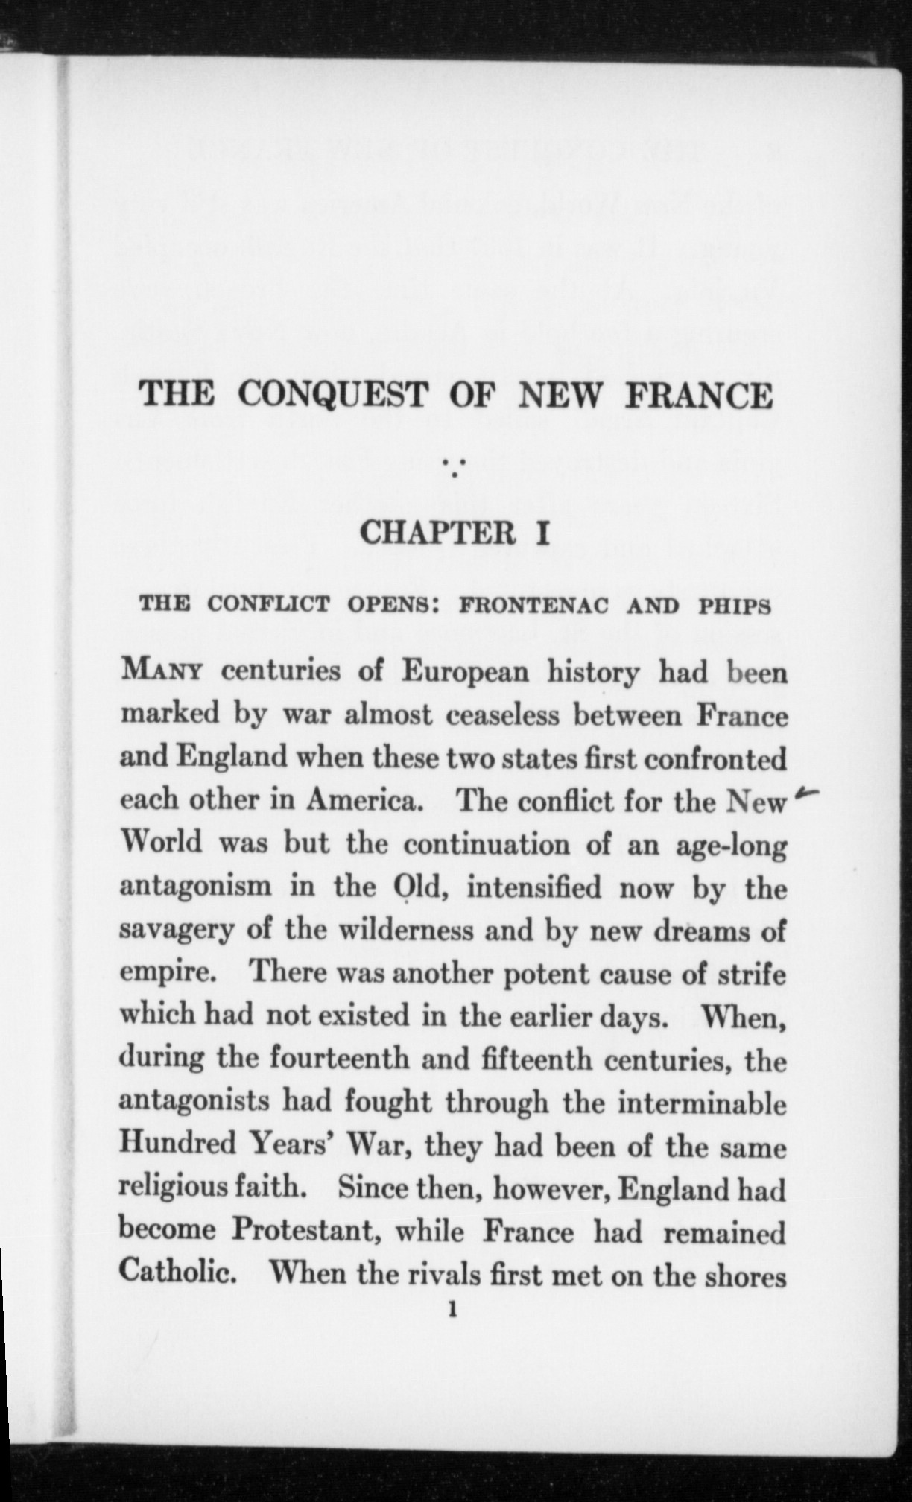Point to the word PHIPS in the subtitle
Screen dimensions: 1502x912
(x=734, y=606)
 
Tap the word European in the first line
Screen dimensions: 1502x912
(x=466, y=672)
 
